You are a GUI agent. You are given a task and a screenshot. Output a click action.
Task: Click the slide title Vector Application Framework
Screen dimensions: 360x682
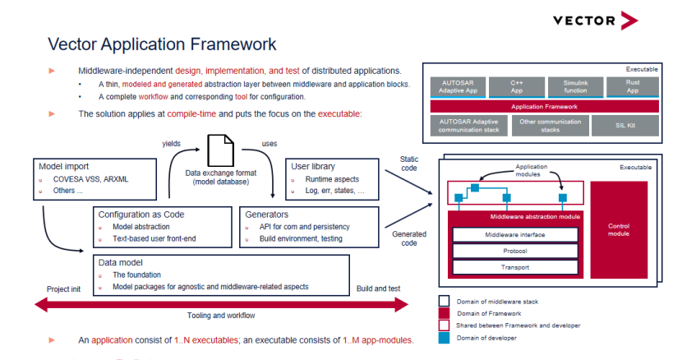click(x=162, y=44)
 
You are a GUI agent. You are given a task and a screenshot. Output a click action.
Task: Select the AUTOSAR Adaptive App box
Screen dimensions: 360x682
click(x=457, y=87)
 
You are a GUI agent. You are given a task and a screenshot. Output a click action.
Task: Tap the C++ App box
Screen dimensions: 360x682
click(x=517, y=87)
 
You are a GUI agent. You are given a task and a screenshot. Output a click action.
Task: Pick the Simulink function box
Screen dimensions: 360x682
click(x=575, y=87)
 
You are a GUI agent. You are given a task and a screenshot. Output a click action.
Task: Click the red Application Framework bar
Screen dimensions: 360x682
click(x=544, y=107)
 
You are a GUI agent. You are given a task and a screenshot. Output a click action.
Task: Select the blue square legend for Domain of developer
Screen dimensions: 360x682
click(x=444, y=337)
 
